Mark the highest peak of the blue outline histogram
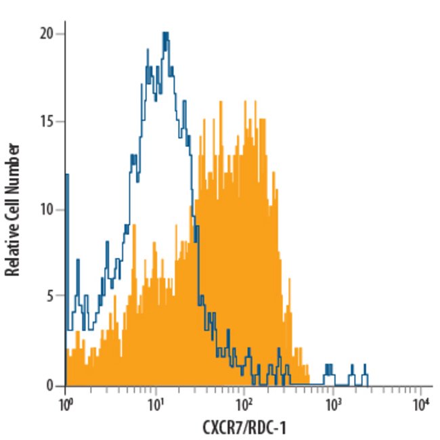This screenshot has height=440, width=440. [164, 33]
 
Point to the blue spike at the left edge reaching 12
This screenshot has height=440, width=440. [66, 176]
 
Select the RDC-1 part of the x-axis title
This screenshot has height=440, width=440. [269, 428]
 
